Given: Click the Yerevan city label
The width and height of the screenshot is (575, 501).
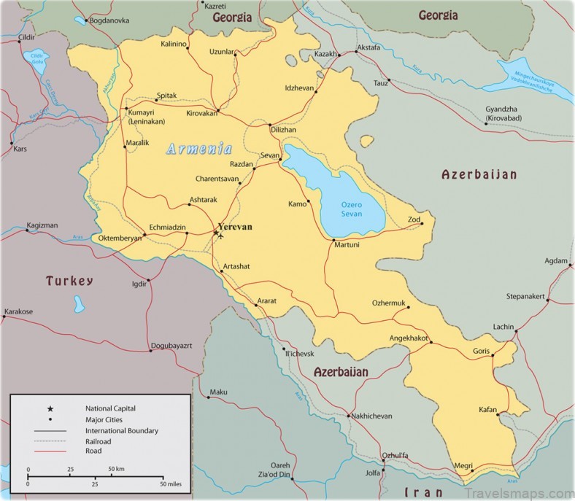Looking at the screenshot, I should [235, 227].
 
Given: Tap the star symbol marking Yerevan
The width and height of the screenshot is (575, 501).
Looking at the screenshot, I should [215, 233].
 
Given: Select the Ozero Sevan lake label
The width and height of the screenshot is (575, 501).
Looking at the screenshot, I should [352, 209].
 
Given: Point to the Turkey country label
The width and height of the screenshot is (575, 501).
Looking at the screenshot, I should [69, 281].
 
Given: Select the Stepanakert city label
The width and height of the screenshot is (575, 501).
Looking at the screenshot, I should [526, 296].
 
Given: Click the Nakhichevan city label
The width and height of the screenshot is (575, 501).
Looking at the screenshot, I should [371, 416].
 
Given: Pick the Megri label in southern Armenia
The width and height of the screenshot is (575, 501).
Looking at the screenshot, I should [463, 466].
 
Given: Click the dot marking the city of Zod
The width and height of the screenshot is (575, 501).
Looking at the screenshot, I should [421, 224].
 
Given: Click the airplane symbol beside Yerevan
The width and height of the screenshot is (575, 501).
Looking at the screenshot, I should [222, 235].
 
